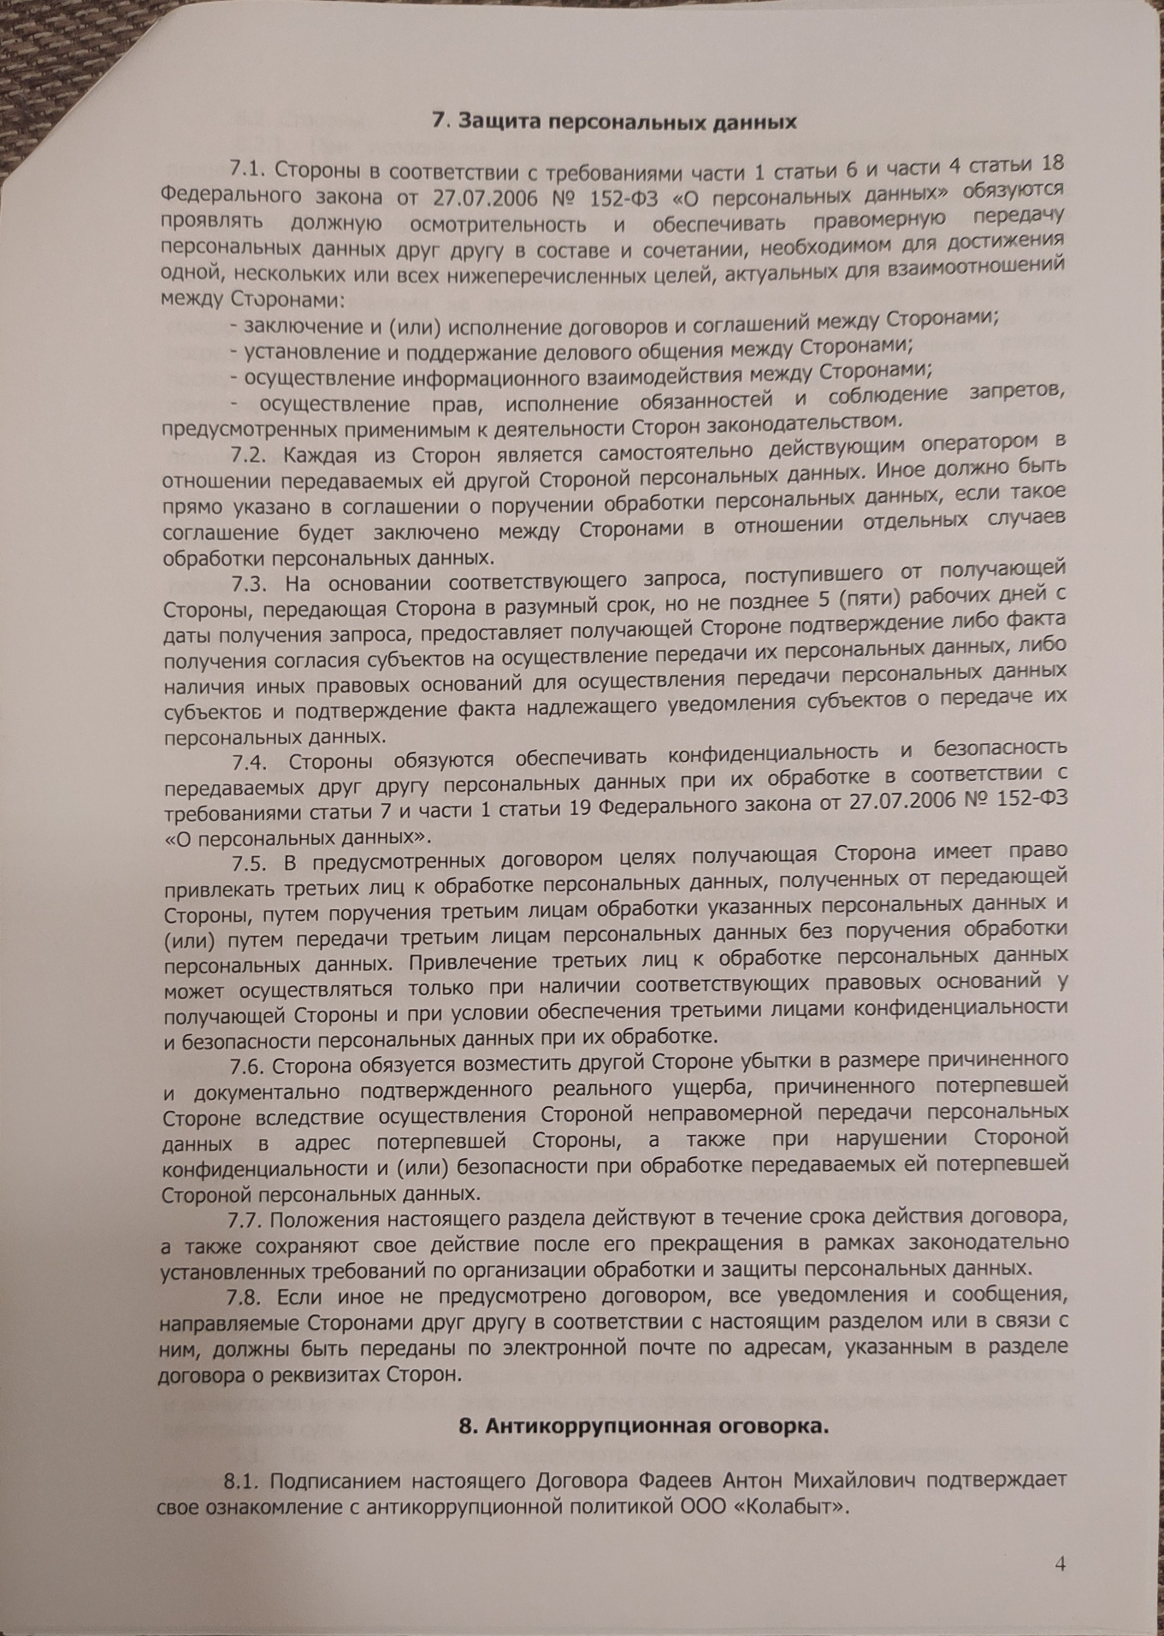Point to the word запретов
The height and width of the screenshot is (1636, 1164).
1019,395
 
